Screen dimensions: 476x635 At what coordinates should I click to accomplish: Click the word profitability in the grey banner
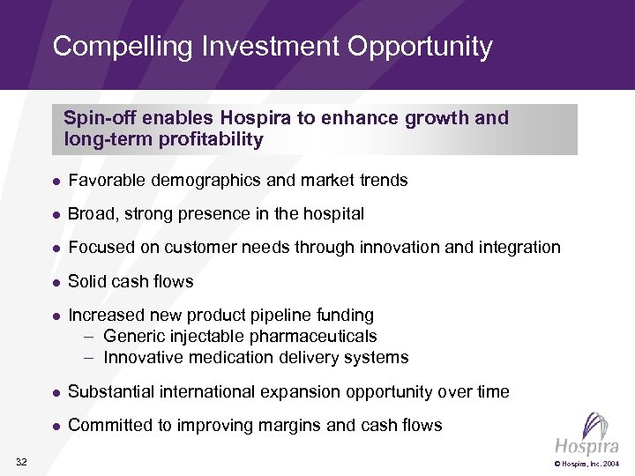[x=211, y=139]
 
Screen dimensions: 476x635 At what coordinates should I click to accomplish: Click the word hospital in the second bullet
[x=333, y=214]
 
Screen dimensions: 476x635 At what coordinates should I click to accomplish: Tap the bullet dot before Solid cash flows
[x=55, y=282]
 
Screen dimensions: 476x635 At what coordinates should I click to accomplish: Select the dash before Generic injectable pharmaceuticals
[x=89, y=337]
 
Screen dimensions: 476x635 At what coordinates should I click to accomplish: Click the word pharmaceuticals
[x=314, y=337]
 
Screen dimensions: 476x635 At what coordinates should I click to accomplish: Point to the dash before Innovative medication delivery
[x=89, y=358]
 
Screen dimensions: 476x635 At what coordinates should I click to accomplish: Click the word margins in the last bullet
[x=291, y=426]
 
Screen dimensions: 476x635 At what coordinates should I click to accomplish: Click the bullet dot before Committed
[x=55, y=427]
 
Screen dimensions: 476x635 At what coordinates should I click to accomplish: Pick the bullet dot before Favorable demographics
[x=55, y=182]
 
